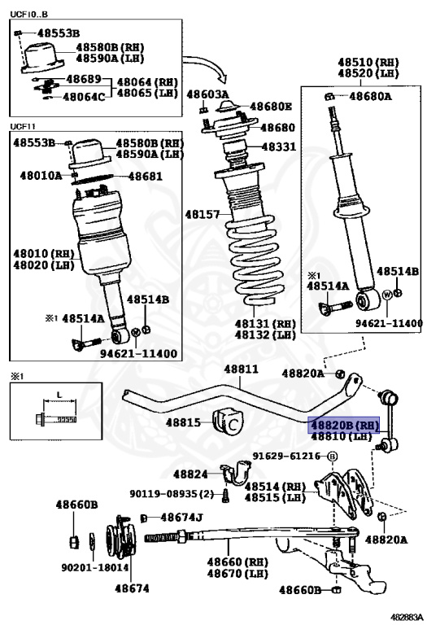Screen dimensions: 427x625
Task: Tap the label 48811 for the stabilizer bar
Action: (241, 369)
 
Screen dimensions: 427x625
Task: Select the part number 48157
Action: (203, 215)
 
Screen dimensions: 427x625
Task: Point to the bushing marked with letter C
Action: (228, 423)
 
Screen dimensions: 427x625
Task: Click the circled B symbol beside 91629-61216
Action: (332, 457)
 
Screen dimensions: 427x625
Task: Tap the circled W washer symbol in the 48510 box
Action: (387, 295)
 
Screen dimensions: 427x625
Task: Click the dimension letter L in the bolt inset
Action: (59, 395)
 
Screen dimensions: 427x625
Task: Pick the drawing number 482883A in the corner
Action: (406, 617)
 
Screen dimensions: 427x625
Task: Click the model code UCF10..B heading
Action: (28, 15)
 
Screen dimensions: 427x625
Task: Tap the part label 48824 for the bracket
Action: (190, 474)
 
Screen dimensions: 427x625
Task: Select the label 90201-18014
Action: (95, 567)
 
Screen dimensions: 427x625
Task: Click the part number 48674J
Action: (181, 518)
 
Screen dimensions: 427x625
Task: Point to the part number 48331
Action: (279, 146)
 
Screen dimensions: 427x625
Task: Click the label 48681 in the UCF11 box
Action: (145, 176)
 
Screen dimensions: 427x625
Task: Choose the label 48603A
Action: (207, 94)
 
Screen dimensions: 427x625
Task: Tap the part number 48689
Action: (84, 78)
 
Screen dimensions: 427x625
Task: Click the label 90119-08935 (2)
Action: (172, 494)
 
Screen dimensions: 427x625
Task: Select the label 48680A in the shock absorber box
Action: (370, 96)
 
